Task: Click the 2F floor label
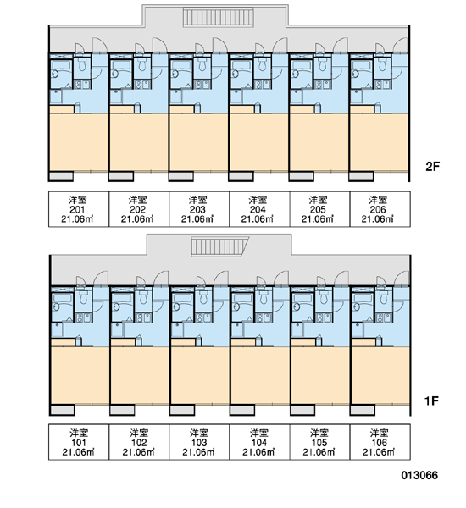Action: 432,167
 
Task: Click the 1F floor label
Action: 431,401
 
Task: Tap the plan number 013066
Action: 419,475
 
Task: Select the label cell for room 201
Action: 79,209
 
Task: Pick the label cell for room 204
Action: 258,209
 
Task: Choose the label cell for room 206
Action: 380,209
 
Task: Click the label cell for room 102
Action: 139,442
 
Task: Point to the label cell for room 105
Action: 319,442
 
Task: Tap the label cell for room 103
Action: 199,442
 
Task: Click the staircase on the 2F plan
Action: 219,17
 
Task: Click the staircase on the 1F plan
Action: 219,246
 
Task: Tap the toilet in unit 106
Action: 384,298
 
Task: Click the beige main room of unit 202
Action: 138,142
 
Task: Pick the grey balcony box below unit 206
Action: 361,177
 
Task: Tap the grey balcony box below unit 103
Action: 182,410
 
